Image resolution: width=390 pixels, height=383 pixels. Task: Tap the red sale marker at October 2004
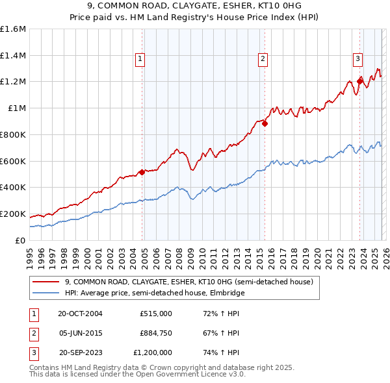pyautogui.click(x=142, y=172)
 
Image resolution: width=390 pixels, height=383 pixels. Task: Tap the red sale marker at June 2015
pyautogui.click(x=265, y=123)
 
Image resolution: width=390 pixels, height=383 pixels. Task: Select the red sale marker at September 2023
pyautogui.click(x=359, y=81)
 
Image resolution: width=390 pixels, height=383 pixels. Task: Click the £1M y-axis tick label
pyautogui.click(x=16, y=108)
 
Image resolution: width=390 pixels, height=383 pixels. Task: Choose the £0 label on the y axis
pyautogui.click(x=20, y=240)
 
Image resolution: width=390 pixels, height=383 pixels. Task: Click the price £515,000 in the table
pyautogui.click(x=155, y=314)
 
